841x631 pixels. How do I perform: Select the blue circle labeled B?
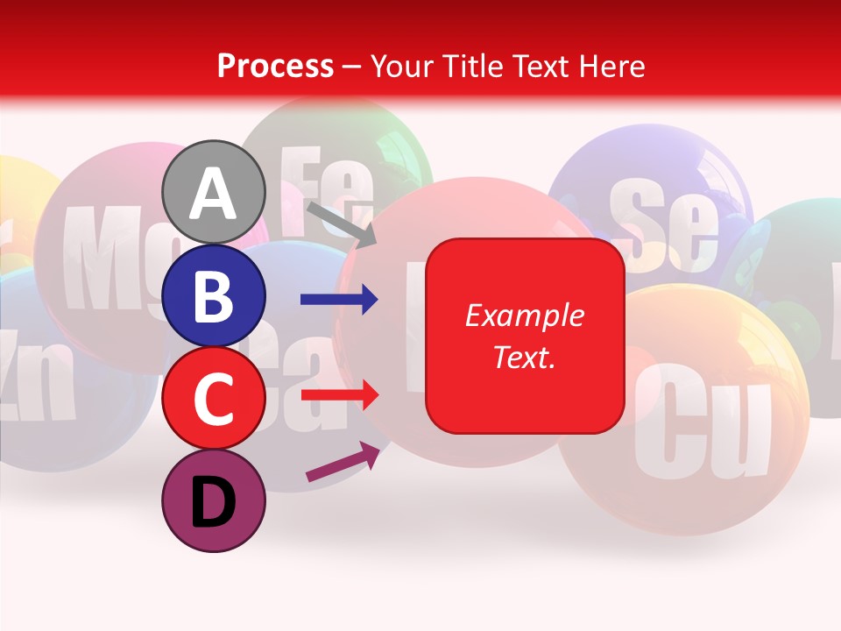(x=214, y=295)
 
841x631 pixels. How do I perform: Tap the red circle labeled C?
(x=214, y=398)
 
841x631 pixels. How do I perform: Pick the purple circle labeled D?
(x=214, y=500)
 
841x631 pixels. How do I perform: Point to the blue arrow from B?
(x=339, y=300)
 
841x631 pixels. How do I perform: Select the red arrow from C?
(x=339, y=395)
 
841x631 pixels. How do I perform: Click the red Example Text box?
(x=525, y=336)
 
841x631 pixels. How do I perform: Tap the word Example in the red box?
(x=525, y=315)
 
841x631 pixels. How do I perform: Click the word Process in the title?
(x=275, y=66)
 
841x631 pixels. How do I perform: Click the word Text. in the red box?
(x=525, y=358)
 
